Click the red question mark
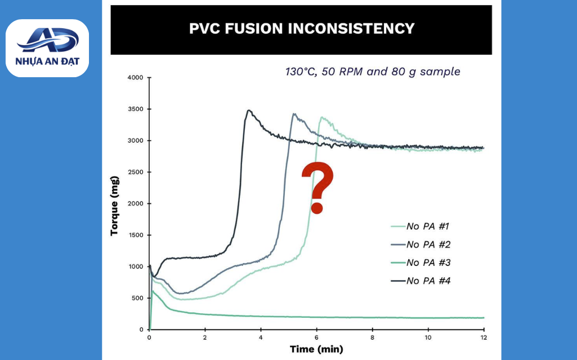tap(317, 188)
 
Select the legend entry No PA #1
tap(420, 226)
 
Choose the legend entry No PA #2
tap(421, 245)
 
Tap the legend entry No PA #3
tap(421, 263)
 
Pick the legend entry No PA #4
tap(421, 281)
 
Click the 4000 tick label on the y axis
tap(135, 78)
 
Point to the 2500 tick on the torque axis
tap(135, 172)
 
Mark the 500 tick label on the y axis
tap(137, 298)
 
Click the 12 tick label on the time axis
tap(484, 337)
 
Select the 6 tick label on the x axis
tap(316, 337)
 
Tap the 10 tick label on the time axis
tap(428, 337)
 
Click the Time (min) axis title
tap(316, 349)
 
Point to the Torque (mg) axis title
tap(114, 206)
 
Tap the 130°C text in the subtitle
tap(301, 72)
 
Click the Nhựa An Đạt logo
tap(47, 48)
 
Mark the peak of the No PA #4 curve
tap(249, 110)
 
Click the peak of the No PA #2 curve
tap(294, 114)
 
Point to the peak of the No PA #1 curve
tap(323, 117)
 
